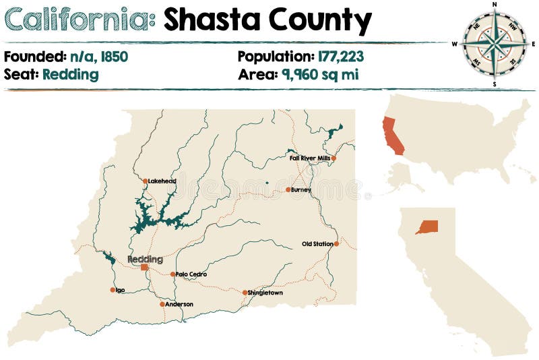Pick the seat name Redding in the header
[70, 74]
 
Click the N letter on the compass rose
[495, 5]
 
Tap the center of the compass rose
[495, 43]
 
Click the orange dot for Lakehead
[145, 181]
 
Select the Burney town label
[301, 189]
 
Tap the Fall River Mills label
[309, 158]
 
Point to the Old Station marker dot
[336, 243]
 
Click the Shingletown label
[265, 293]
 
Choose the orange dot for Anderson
[162, 304]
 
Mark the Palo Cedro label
[191, 274]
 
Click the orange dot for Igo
[113, 290]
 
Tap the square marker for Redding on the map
[144, 267]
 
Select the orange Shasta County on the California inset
[426, 227]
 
